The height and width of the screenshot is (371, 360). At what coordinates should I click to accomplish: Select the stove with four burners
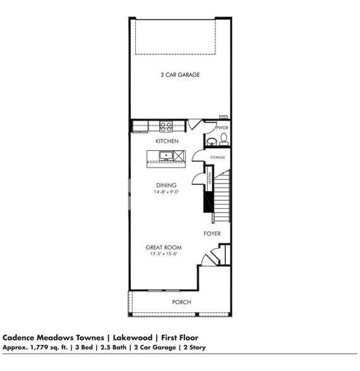point(166,126)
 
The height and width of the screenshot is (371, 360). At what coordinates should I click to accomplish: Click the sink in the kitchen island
point(167,155)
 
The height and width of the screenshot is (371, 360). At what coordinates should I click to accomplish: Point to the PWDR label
point(222,127)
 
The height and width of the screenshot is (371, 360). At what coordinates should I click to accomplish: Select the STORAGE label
point(217,157)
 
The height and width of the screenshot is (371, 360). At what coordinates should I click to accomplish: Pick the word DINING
point(166,185)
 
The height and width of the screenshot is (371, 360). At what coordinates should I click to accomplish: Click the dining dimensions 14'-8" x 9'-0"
point(166,192)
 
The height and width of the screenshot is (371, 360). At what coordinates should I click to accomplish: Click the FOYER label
point(212,234)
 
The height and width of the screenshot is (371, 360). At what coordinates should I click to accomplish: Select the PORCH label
point(182,302)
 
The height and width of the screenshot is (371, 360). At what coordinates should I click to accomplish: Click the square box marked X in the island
point(179,155)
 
